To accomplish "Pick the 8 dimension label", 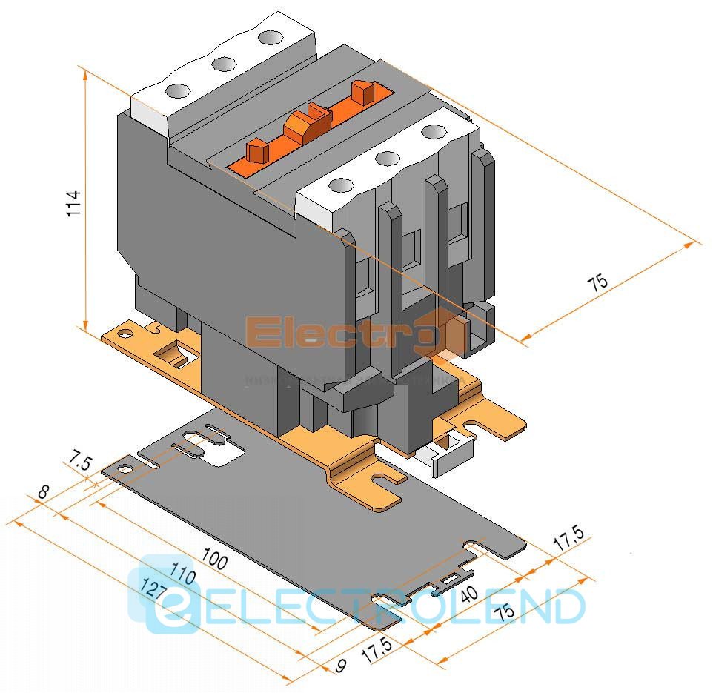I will point(43,491).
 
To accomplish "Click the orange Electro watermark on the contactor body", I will point(348,331).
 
